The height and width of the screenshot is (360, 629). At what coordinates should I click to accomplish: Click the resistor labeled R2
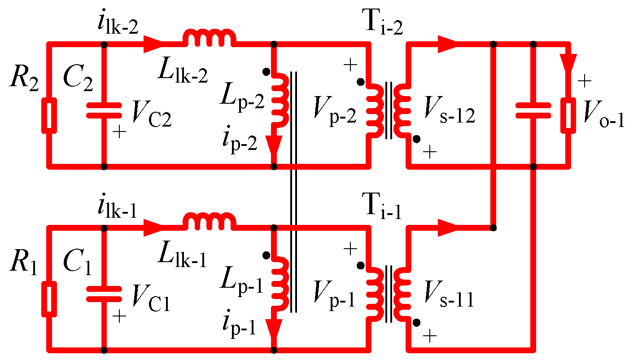pos(49,116)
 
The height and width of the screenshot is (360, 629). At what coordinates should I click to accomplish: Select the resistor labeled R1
pos(49,299)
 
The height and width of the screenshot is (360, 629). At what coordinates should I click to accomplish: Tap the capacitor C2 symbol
pos(104,110)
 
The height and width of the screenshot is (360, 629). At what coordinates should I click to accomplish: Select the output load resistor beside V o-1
pos(569,116)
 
